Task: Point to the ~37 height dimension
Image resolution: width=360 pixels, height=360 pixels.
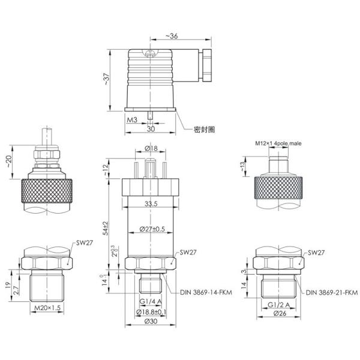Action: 107,80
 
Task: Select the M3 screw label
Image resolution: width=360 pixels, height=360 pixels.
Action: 132,120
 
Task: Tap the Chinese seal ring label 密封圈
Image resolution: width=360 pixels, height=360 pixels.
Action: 204,129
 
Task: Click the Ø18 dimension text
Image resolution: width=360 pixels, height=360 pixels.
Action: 151,148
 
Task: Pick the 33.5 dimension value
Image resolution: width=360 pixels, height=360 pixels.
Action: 151,204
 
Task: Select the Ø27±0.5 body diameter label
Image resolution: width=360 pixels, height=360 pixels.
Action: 151,229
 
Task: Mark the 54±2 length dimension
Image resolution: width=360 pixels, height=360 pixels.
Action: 107,228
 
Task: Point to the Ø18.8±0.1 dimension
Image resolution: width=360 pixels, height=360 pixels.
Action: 151,312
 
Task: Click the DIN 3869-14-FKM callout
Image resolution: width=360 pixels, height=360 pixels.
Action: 207,293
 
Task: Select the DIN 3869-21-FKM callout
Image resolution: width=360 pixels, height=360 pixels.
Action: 331,293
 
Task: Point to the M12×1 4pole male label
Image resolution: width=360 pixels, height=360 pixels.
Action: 280,144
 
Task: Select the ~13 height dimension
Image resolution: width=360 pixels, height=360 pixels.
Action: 242,166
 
